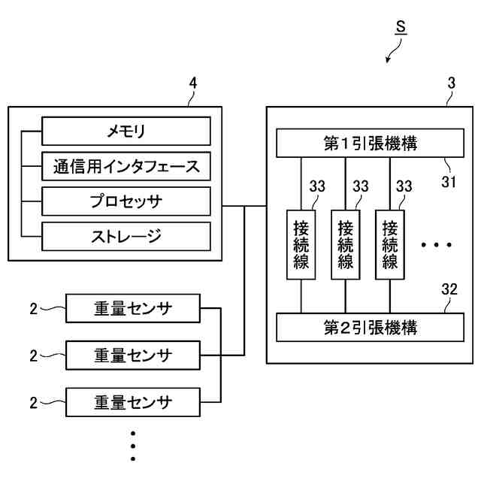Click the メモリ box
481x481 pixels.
[126, 131]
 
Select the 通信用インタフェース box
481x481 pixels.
[126, 166]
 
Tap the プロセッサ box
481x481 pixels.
[126, 201]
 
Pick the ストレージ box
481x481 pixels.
[126, 237]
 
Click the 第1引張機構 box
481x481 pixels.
[370, 144]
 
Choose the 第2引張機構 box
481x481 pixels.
[370, 328]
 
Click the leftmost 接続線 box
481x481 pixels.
[301, 245]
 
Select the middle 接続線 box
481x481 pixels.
[346, 245]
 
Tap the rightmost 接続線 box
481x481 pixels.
[390, 245]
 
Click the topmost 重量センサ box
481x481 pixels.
[133, 308]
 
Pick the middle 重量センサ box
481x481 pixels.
[133, 355]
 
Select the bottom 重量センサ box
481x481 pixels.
[133, 402]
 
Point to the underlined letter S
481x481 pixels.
[401, 27]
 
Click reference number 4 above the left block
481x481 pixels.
[192, 83]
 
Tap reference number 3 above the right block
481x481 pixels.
[451, 83]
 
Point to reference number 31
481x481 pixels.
[449, 182]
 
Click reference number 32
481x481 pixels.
[449, 289]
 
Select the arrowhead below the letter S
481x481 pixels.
[388, 60]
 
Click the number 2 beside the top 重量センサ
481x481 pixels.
[33, 309]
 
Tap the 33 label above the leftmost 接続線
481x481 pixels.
[317, 186]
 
